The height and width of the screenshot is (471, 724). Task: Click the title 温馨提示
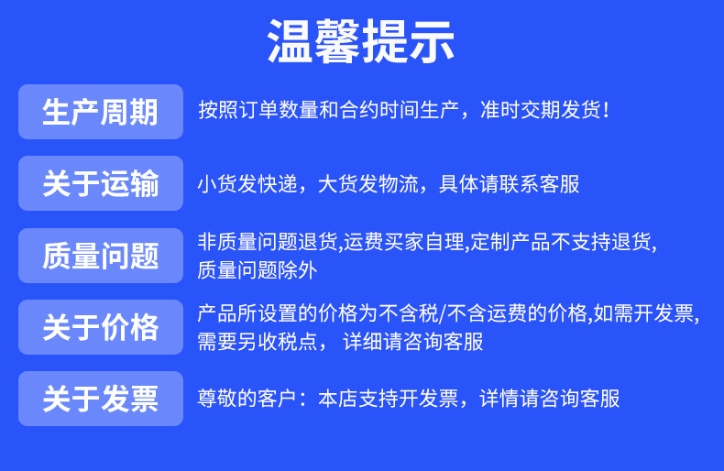click(x=361, y=42)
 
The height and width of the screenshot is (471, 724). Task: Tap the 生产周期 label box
click(x=101, y=112)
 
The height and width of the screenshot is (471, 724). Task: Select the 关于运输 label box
click(x=101, y=183)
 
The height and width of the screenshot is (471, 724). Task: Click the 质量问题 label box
click(x=101, y=256)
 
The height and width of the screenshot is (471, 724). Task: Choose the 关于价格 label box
click(x=101, y=327)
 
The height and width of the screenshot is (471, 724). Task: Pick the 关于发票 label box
click(x=101, y=399)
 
